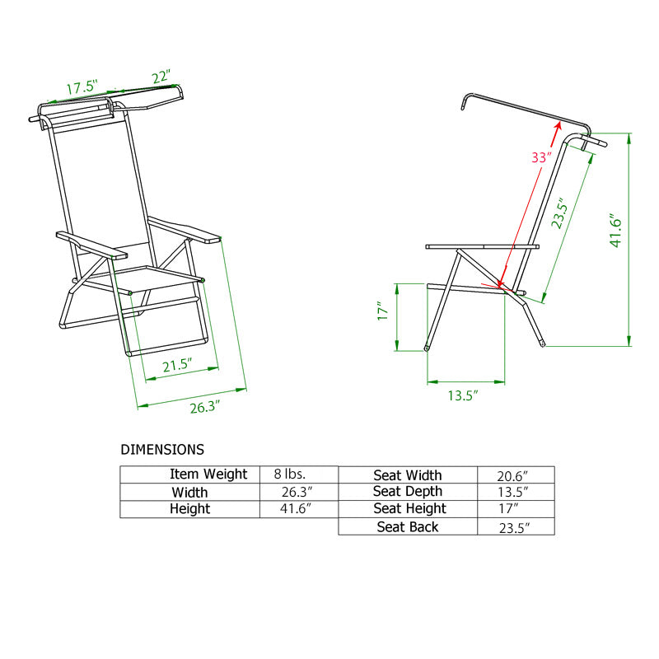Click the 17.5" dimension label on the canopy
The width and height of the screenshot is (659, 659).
[82, 86]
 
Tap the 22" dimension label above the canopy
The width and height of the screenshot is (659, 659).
[161, 77]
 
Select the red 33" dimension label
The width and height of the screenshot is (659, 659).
[540, 157]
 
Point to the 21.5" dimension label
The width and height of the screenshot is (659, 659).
[177, 365]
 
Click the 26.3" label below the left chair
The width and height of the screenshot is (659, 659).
[206, 406]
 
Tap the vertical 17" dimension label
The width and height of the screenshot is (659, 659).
[381, 314]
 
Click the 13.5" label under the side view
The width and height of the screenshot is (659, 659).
[463, 395]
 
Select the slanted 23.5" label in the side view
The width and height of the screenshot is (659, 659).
[560, 213]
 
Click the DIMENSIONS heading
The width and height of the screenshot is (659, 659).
[162, 450]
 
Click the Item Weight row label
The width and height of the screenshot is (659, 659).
[208, 474]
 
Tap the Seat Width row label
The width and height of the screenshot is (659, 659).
[408, 475]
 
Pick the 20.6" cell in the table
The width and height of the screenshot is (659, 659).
[514, 475]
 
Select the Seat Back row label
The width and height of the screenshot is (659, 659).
[408, 526]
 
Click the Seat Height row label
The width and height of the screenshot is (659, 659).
[409, 509]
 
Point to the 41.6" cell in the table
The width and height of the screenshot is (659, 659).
[297, 509]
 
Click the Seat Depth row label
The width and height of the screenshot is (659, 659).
[408, 492]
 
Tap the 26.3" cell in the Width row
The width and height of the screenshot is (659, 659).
[297, 492]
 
